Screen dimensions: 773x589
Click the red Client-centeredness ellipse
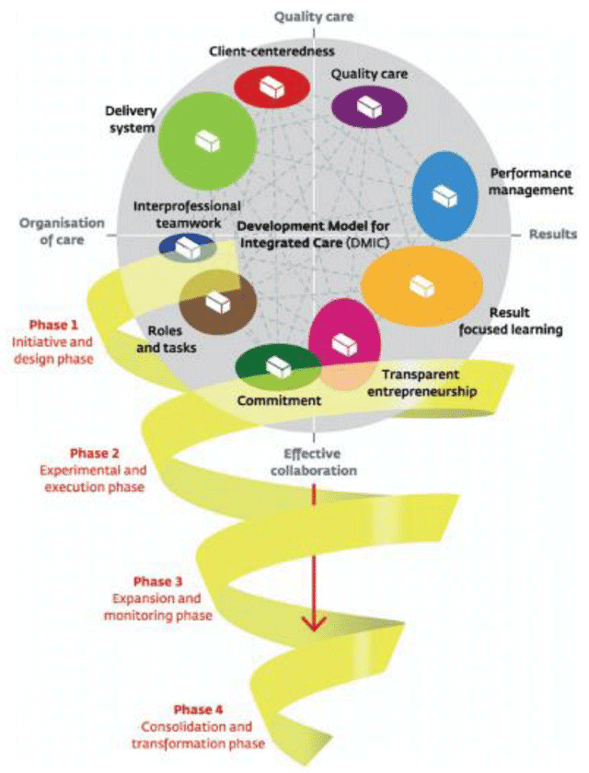click(x=269, y=86)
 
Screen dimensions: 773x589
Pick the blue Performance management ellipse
click(x=445, y=196)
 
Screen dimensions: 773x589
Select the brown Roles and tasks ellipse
click(x=217, y=301)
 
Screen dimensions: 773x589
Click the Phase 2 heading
click(x=97, y=454)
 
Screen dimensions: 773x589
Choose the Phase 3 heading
click(x=158, y=582)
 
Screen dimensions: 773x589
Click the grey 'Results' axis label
click(x=552, y=235)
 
